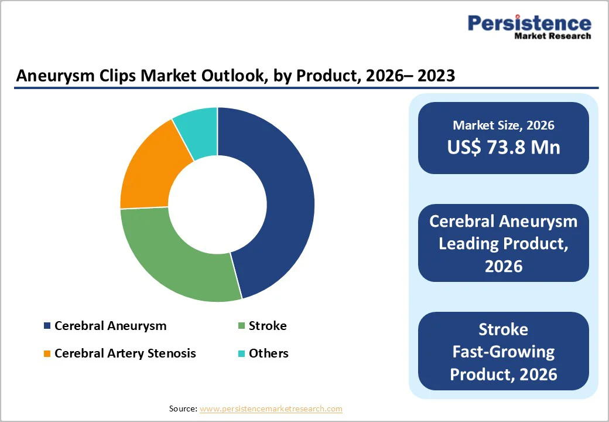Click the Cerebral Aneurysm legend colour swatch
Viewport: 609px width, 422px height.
point(47,326)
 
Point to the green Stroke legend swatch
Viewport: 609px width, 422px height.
point(241,326)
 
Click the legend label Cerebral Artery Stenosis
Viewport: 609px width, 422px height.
point(125,353)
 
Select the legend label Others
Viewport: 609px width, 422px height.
point(268,353)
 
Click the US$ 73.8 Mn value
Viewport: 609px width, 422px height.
point(503,147)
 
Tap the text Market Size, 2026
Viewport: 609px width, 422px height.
point(503,125)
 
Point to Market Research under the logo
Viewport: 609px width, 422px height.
point(552,36)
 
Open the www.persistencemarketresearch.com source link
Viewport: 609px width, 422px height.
point(271,409)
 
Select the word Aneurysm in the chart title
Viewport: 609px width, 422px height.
point(52,76)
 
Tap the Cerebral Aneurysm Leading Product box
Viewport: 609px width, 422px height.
point(503,243)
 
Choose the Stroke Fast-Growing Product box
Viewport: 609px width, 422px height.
point(503,351)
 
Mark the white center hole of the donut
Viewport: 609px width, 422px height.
point(217,205)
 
